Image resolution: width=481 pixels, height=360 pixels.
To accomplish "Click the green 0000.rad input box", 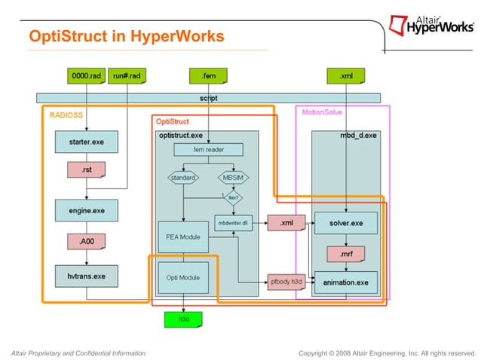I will pos(86,75).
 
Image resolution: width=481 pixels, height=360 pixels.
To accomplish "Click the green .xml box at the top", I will pos(346,75).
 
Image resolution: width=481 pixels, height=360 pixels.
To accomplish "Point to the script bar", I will pos(209,98).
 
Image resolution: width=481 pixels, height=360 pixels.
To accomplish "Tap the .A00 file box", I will pos(87,243).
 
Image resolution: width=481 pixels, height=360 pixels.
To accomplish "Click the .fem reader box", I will pos(209,149).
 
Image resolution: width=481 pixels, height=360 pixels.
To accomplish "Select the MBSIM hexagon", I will pos(234,178).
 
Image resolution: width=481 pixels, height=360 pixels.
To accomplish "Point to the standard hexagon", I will pos(183,178).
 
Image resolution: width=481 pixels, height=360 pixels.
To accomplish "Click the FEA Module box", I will pos(182,236).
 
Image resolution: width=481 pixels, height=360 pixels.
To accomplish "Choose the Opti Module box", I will pos(182,277).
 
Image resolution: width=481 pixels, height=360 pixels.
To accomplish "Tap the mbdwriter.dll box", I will pos(234,224).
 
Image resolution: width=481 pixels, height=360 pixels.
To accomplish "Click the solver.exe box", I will pos(347,224).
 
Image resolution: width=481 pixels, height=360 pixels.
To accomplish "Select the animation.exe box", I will pos(347,282).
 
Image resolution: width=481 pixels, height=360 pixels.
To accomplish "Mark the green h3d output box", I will pos(183,319).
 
